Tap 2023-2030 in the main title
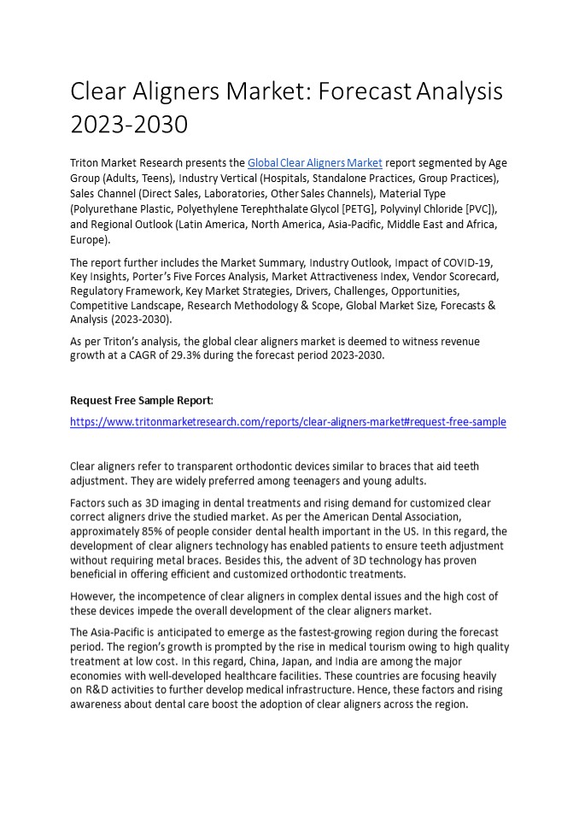(x=128, y=125)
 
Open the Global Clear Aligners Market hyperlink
(x=314, y=163)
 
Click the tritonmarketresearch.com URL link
(x=288, y=421)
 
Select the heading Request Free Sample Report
(x=141, y=400)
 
